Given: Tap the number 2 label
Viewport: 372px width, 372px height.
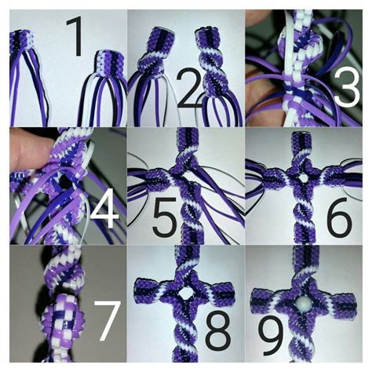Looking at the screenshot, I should (x=188, y=91).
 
